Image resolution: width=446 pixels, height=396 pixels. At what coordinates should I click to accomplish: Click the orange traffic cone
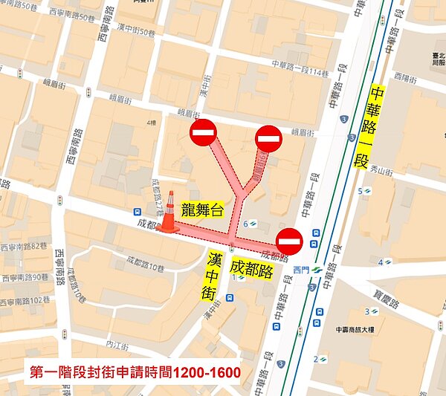pos(169,213)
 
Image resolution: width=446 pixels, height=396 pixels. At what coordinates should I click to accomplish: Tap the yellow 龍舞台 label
pos(198,211)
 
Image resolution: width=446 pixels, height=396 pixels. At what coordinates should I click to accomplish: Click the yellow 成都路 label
pos(251,268)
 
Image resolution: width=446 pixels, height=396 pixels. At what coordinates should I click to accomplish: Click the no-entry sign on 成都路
pos(288,241)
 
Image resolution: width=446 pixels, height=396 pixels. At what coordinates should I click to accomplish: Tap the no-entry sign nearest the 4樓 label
pos(203,134)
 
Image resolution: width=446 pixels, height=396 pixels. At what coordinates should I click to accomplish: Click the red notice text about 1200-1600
pos(135,371)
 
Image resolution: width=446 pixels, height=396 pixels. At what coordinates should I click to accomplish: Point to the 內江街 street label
pos(117,345)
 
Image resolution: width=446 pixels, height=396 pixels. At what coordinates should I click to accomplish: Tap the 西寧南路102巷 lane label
pos(25,301)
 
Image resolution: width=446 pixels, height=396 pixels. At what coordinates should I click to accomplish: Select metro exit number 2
pos(315,360)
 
